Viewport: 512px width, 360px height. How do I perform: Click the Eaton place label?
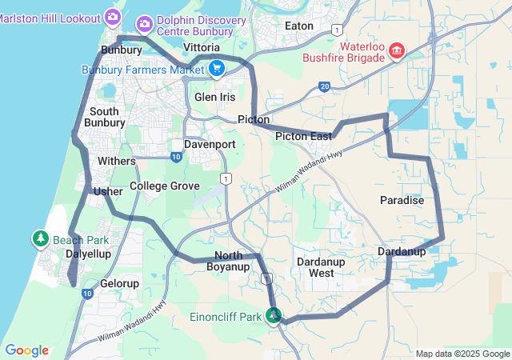(x=299, y=26)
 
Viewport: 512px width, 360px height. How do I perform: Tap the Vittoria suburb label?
(x=202, y=48)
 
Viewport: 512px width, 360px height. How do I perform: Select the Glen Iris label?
(x=215, y=97)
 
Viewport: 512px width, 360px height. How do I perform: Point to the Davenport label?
(x=210, y=145)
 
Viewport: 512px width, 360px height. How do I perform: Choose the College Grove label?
(x=164, y=186)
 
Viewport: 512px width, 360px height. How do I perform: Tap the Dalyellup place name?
(x=88, y=253)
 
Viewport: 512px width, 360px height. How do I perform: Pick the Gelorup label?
(x=120, y=283)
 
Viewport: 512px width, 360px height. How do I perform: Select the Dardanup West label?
(x=321, y=267)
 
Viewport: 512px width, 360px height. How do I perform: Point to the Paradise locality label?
(x=402, y=200)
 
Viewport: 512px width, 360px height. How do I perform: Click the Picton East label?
(x=303, y=137)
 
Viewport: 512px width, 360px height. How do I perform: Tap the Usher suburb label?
(x=108, y=192)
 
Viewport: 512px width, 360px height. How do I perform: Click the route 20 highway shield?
(x=324, y=86)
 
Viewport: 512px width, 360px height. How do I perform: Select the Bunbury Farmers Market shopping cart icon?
(x=216, y=70)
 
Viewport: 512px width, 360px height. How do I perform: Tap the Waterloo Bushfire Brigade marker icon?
(x=395, y=52)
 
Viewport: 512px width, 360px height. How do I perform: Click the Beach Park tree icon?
(x=41, y=238)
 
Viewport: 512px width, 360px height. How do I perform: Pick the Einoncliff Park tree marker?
(x=274, y=315)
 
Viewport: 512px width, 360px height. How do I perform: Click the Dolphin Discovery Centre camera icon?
(x=146, y=22)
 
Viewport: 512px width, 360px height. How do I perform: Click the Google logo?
(x=26, y=350)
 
